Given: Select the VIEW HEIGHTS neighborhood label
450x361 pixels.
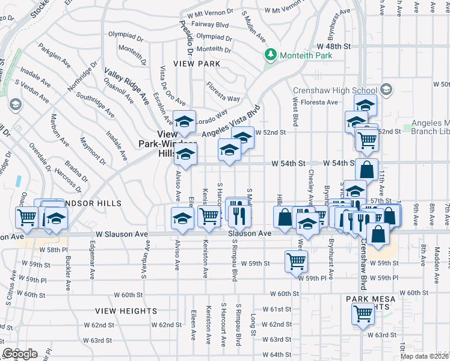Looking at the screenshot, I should coord(126,311).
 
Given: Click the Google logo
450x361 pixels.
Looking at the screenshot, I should coord(20,354).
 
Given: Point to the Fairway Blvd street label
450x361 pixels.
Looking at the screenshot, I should coord(210,25).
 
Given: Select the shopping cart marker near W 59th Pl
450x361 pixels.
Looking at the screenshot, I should coord(296,261).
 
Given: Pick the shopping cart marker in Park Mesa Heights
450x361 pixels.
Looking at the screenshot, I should coord(363,313).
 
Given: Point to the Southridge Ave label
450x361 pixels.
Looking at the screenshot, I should coord(96,104).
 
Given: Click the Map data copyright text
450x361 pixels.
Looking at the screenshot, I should coord(425,356).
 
